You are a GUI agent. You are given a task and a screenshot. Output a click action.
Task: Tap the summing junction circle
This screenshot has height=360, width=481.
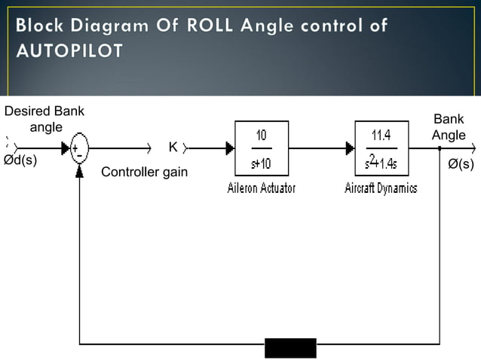(79, 148)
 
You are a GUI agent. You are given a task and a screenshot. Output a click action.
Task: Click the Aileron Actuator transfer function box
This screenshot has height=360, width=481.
(262, 148)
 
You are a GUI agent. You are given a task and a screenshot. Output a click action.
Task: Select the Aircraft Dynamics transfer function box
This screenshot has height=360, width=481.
(381, 148)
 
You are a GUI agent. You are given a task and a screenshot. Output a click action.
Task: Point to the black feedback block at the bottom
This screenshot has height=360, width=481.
(290, 349)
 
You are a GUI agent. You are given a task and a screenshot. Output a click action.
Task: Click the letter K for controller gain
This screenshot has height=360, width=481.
(173, 147)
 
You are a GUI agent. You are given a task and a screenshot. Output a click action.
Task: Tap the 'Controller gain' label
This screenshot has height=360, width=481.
(144, 173)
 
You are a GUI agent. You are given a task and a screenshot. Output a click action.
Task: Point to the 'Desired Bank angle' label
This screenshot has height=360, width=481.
(44, 119)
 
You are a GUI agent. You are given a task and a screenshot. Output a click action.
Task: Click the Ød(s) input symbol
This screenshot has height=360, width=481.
(20, 160)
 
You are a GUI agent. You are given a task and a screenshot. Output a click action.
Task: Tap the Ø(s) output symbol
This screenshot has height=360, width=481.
(461, 163)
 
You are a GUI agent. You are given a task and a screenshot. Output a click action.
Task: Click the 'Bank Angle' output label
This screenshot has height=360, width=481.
(449, 127)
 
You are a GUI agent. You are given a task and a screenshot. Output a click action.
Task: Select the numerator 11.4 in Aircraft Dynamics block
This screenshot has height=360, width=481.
(381, 136)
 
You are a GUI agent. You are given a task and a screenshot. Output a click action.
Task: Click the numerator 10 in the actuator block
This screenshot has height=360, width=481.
(261, 136)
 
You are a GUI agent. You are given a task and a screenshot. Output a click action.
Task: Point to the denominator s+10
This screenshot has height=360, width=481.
(261, 163)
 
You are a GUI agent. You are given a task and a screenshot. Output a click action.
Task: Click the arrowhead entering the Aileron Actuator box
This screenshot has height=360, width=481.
(230, 148)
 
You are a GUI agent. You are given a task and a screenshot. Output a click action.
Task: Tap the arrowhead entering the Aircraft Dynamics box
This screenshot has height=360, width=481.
(350, 148)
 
